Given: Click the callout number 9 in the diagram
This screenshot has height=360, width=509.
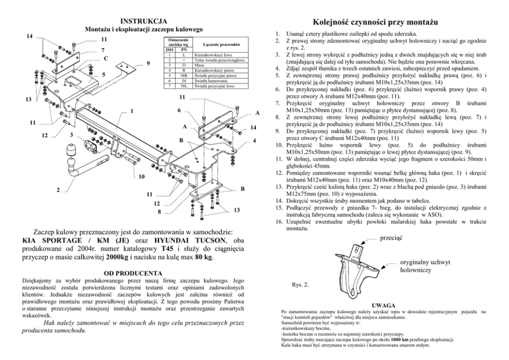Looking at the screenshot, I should pos(148,63).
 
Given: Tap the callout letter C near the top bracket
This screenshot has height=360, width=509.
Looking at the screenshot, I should pos(106,59).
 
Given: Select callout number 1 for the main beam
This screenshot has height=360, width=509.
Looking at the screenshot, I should pos(132,111).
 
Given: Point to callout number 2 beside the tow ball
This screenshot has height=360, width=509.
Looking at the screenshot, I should pos(58,191).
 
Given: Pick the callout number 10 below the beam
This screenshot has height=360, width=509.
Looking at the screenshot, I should pos(142,177).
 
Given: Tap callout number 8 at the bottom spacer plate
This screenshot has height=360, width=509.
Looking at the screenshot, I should pos(160,211).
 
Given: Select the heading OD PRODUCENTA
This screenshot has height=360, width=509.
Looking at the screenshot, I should pos(132,272).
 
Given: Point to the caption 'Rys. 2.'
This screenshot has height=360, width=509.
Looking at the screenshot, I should pos(300,283).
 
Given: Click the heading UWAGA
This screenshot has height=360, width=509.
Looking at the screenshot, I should pos(383,305).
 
